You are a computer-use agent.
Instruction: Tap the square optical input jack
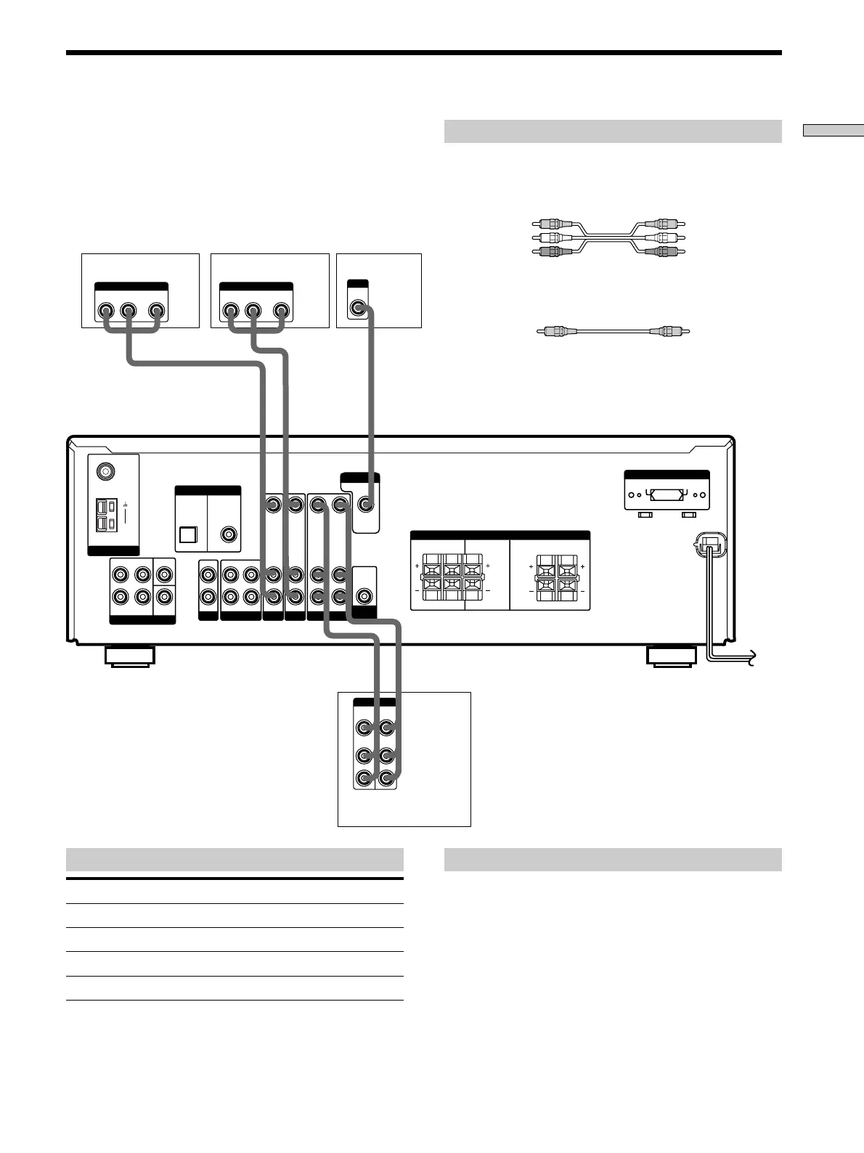click(187, 534)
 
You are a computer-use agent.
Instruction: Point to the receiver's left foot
click(129, 656)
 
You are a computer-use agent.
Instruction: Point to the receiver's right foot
click(670, 656)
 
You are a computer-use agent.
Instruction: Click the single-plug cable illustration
click(612, 331)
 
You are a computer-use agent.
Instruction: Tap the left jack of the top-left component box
click(106, 311)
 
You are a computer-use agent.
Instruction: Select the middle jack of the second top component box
click(253, 311)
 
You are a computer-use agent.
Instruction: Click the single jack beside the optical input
click(229, 534)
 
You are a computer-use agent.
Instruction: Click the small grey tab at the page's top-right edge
click(833, 131)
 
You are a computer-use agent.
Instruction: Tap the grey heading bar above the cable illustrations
click(612, 131)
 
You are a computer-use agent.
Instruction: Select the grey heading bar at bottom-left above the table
click(235, 860)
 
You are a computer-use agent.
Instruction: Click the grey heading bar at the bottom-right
click(612, 860)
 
